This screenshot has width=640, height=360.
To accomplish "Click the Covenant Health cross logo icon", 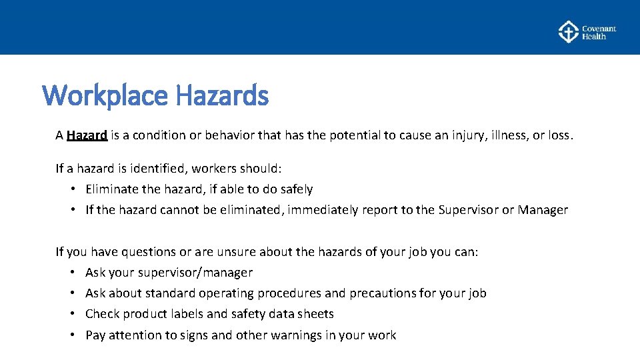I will (568, 32).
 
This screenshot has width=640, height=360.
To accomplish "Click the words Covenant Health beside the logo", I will (598, 33).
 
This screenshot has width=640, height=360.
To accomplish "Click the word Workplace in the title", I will (105, 96).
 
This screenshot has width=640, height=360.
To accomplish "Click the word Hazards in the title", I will (222, 96).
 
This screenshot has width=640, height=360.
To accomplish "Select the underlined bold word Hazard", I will (87, 135).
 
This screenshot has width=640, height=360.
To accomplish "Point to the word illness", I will (511, 135).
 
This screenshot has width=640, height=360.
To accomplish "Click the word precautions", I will (382, 293).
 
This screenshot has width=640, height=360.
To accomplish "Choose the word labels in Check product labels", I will (194, 314).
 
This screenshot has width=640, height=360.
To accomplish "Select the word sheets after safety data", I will (316, 314).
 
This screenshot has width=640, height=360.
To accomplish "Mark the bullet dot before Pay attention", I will (71, 335).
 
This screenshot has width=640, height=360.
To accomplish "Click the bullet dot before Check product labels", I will (71, 314).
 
